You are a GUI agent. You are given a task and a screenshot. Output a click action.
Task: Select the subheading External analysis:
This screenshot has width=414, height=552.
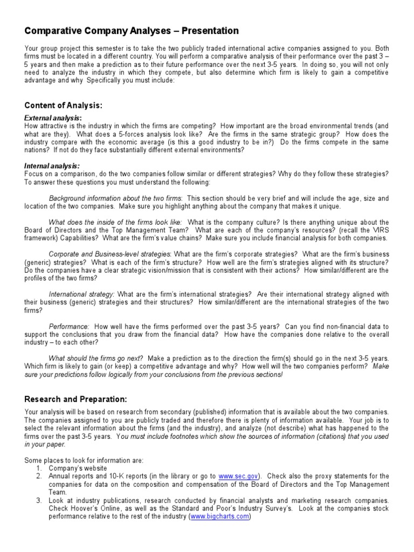point(53,118)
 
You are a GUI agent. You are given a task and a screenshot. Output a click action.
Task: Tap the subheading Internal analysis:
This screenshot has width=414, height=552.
point(52,166)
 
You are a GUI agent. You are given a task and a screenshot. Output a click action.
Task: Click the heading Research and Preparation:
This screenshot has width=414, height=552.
point(75,399)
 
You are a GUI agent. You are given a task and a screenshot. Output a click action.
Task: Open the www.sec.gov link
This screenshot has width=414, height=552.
point(239,477)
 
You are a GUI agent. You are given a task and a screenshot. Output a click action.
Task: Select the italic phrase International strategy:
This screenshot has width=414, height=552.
point(82,294)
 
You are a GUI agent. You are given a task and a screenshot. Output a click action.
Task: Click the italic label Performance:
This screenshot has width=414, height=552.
point(69,327)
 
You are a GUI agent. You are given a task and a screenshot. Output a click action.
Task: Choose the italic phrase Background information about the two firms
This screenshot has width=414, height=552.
point(115,198)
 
